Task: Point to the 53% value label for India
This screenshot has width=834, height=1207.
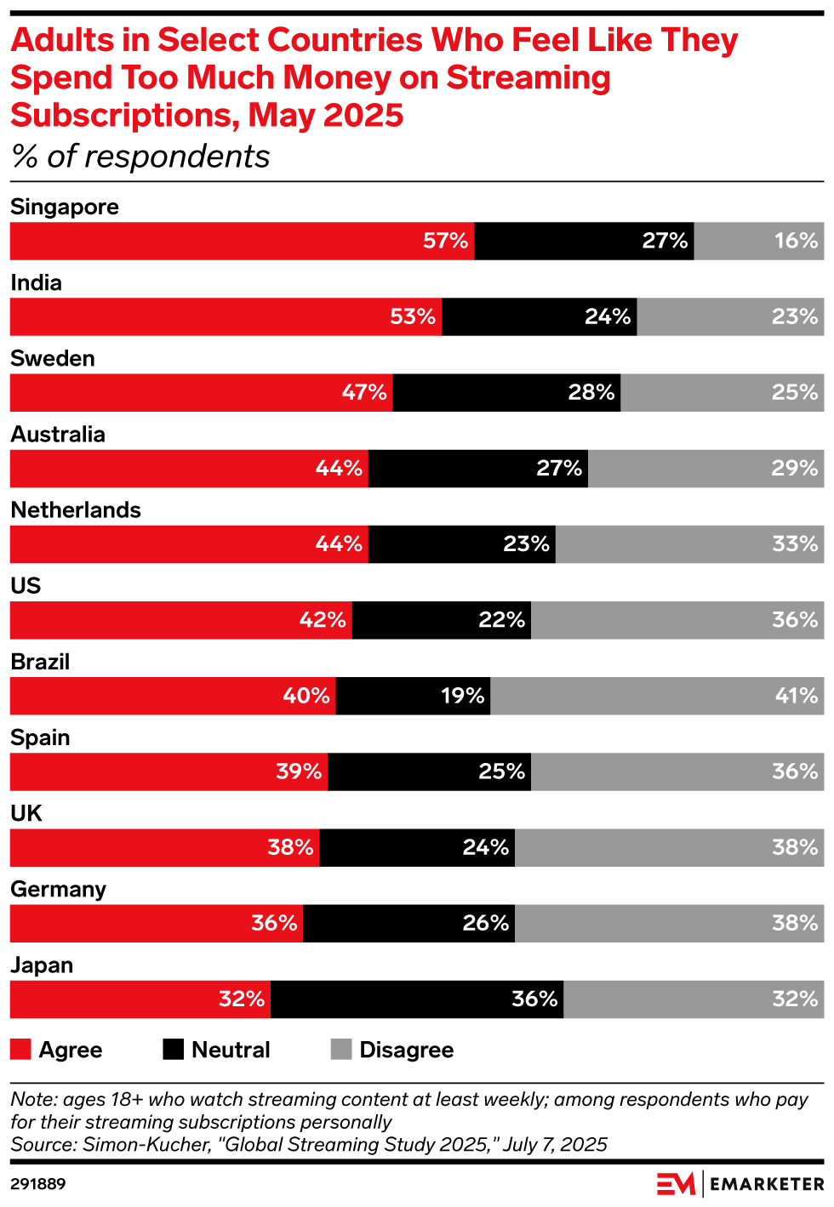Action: point(413,316)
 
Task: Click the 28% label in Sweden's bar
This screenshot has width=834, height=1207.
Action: point(591,392)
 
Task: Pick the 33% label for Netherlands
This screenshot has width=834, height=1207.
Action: point(795,544)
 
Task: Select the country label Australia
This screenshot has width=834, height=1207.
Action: point(58,435)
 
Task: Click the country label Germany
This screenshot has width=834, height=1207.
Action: point(58,890)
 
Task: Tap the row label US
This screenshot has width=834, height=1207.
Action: point(26,586)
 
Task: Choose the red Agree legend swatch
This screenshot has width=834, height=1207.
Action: point(20,1050)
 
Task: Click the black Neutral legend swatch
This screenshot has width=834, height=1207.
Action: point(174,1050)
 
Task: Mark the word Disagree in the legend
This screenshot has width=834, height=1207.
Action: point(406,1050)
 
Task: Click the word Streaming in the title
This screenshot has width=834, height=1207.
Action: point(528,77)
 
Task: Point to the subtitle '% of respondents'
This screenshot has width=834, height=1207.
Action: point(140,157)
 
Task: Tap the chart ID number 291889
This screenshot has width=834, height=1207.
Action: point(38,1184)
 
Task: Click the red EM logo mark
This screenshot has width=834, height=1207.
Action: point(676,1184)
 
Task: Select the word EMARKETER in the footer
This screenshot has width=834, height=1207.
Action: point(767,1184)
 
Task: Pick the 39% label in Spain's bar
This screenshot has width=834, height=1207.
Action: point(299,771)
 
